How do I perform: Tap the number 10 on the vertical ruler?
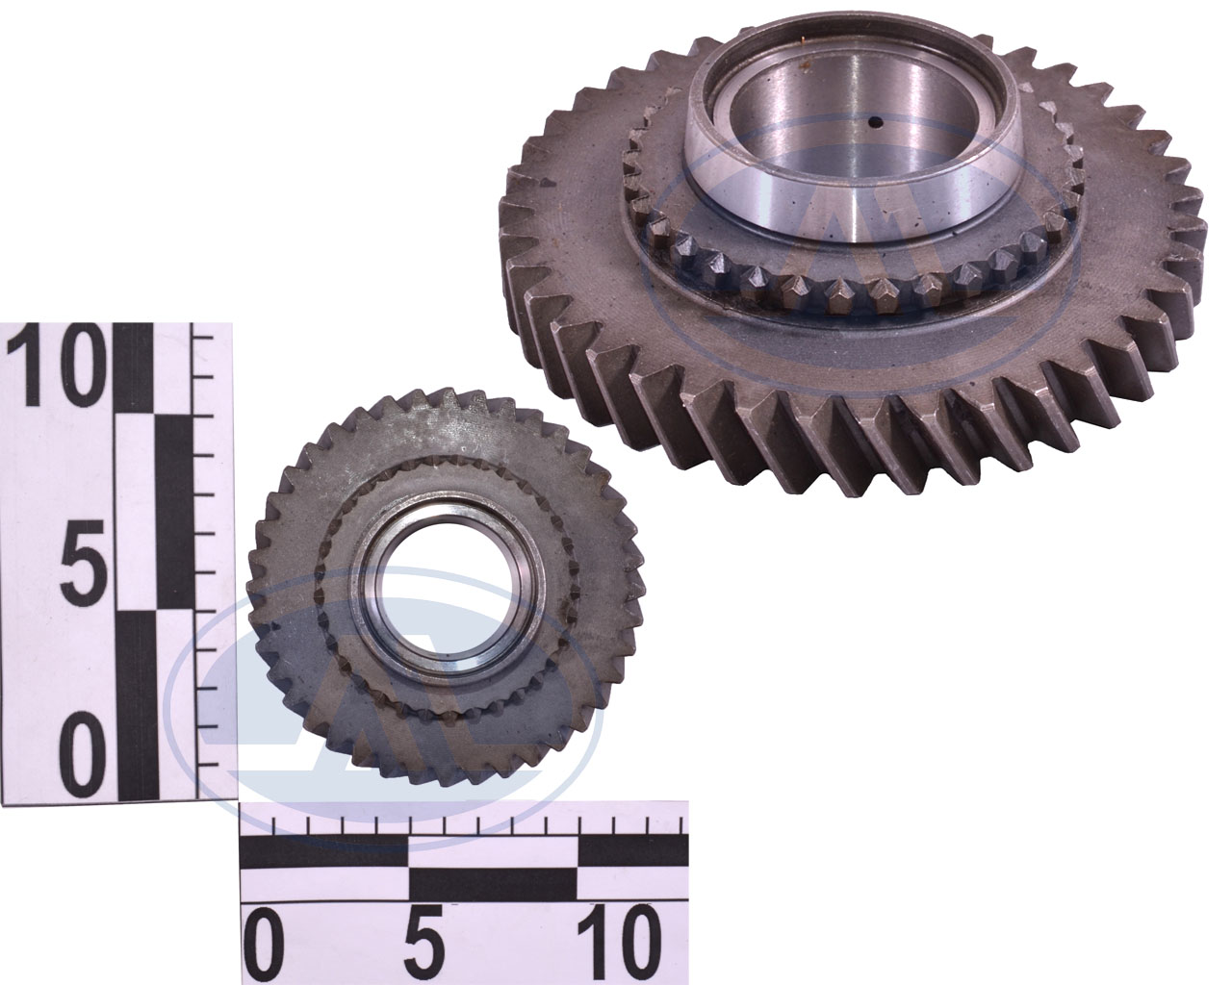55,365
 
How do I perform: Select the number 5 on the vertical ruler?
84,559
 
